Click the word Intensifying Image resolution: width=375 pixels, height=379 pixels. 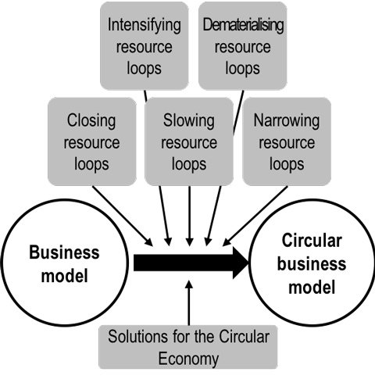pos(145,25)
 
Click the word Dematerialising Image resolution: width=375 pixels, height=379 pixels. pos(243,25)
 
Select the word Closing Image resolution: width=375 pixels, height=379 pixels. pos(91,121)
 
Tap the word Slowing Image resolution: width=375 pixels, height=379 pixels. pos(189,121)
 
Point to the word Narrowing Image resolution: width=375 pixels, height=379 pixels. pos(287,121)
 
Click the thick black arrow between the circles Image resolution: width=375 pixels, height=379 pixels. pos(191,263)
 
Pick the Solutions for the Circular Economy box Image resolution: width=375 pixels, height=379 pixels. pos(188,347)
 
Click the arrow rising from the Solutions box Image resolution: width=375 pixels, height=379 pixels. pos(189,302)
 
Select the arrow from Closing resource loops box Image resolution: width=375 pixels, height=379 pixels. pos(123,216)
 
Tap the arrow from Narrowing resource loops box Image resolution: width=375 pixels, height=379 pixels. pos(255,216)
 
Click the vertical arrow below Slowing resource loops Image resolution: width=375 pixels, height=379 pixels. pos(189,216)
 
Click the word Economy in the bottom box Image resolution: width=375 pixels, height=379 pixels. pos(188,359)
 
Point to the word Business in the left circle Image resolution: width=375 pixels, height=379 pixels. pos(64,252)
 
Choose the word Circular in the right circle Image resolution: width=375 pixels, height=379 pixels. pos(312,241)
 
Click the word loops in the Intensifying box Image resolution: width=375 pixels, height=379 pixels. pos(144,69)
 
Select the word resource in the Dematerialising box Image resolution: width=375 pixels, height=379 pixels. pos(242,47)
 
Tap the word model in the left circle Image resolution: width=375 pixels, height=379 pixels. pos(65,276)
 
